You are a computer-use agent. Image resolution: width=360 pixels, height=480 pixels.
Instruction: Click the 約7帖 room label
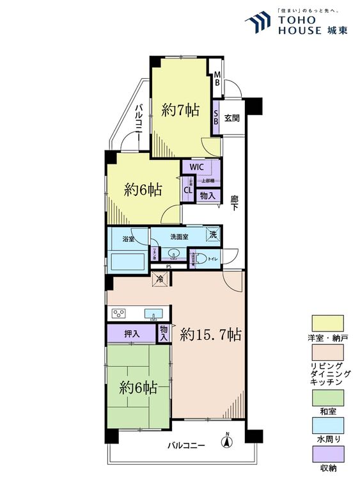(180, 110)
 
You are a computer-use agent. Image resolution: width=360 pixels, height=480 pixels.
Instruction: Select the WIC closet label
(196, 167)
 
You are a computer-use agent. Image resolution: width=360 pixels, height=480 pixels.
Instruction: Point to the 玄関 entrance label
(231, 118)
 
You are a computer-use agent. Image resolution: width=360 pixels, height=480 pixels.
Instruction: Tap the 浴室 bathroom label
(128, 239)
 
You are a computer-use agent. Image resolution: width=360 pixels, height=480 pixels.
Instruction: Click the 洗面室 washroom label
(179, 236)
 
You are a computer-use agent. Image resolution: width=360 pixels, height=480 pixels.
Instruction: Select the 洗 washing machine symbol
(213, 235)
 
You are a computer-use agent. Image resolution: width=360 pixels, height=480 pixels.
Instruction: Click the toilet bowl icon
(201, 259)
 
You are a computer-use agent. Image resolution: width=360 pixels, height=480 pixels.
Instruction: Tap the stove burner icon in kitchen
(120, 313)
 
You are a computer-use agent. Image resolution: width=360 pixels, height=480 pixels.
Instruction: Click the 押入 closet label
(132, 333)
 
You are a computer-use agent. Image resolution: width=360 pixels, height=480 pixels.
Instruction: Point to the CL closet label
(188, 189)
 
